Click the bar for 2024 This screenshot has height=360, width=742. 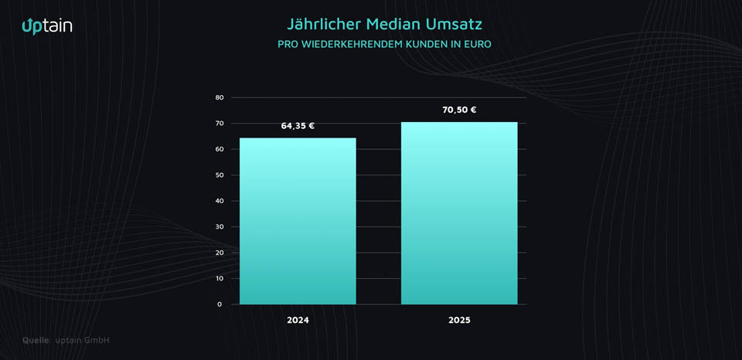298,221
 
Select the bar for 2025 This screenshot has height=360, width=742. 459,213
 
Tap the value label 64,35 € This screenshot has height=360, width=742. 298,126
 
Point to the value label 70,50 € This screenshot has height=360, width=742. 459,110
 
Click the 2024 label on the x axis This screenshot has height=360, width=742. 298,320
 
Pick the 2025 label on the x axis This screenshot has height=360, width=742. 459,320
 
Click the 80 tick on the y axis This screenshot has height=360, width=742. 220,97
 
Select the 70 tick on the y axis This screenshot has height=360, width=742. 220,124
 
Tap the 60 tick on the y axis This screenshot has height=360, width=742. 220,149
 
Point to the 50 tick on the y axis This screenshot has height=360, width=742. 220,175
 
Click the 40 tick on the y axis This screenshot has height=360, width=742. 220,201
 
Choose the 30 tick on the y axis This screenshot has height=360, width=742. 220,227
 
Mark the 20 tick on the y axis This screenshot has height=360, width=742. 220,253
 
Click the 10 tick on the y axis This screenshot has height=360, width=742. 220,278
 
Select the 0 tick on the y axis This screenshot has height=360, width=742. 220,304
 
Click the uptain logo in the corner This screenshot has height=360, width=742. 47,26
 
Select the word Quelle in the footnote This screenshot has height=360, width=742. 36,340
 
